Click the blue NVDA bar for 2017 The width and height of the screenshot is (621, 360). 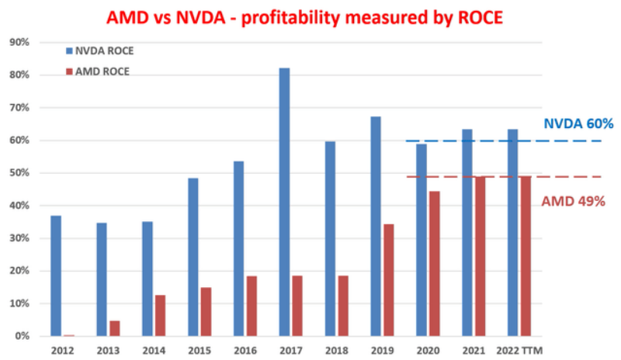click(x=284, y=202)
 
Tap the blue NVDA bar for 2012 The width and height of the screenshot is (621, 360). click(x=56, y=275)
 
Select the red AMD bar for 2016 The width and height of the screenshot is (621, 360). click(x=252, y=306)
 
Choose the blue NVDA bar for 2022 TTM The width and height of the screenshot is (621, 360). click(x=512, y=232)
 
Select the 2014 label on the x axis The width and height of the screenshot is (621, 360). click(x=153, y=351)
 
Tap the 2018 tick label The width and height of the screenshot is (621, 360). click(x=337, y=351)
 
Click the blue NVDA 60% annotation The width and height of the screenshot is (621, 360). click(x=578, y=123)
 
